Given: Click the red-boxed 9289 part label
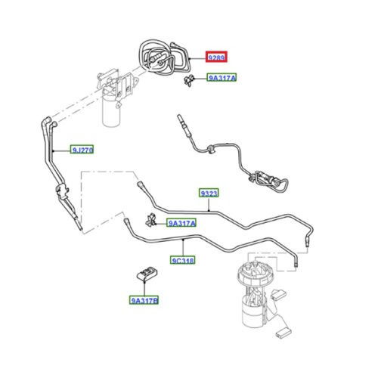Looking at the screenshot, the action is coord(216,57).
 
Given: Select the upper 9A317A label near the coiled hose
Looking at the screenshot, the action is coord(222,78).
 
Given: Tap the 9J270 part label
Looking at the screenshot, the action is coord(82,150).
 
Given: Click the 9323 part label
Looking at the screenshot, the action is coord(209,193).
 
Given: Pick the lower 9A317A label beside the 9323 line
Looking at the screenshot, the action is coord(181,223).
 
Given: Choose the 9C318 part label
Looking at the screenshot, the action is coord(182,260).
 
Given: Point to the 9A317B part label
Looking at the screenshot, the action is coord(144,300).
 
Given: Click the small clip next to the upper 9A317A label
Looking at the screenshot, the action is coord(189,79).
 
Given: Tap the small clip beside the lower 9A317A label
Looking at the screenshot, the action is coord(150,220).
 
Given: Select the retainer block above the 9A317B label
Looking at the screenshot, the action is coord(147,274).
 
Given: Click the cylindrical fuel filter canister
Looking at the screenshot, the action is coord(111,111).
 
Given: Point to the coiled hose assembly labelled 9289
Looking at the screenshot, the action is coord(164,57).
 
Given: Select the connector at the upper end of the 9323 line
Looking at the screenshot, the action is coord(141,184).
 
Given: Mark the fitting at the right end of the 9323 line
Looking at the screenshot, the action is coord(308,241).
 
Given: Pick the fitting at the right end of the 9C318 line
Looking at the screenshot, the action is coord(296,262).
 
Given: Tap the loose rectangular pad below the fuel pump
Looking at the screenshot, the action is coord(283,333).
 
